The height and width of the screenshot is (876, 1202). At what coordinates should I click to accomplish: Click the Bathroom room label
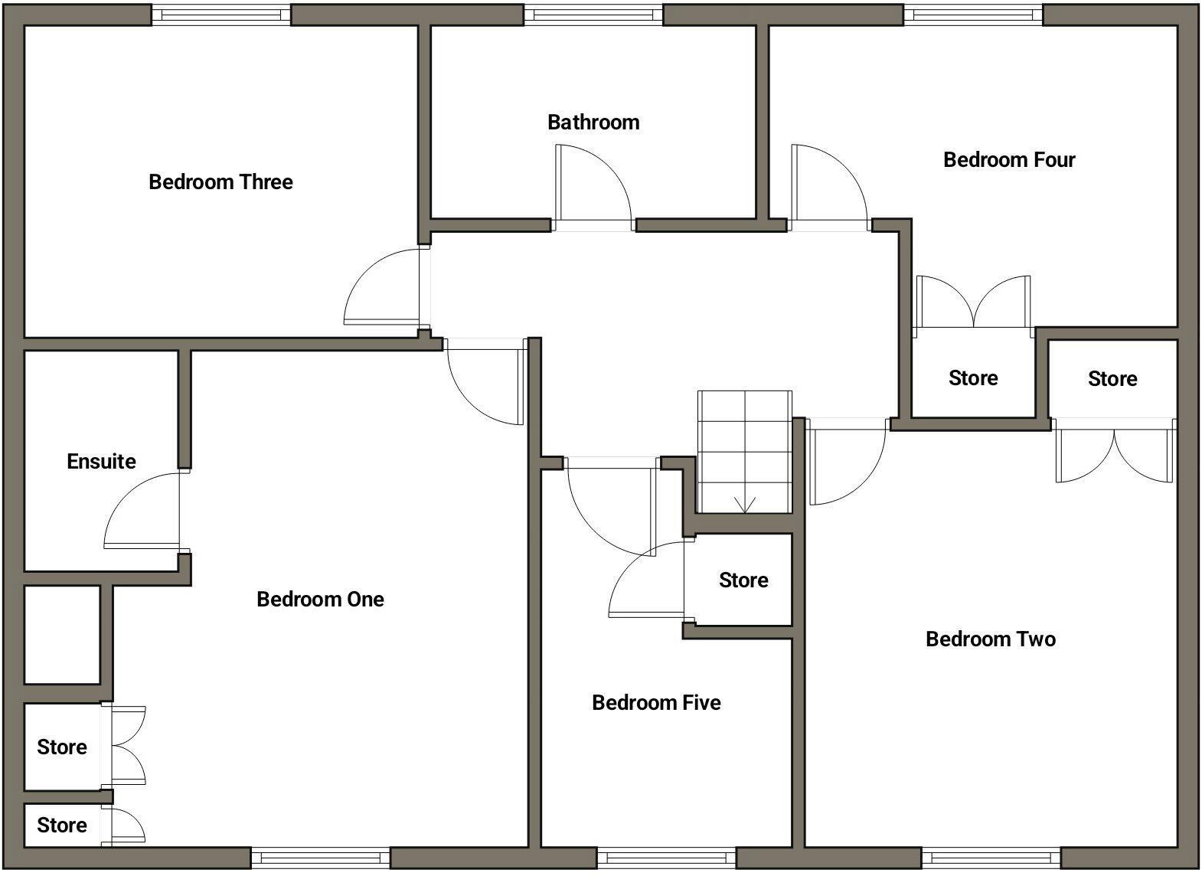point(593,123)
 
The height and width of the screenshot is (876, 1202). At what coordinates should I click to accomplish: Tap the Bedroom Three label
point(220,182)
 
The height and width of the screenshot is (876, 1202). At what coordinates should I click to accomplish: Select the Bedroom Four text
point(1009,160)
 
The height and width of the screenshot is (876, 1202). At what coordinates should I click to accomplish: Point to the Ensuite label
point(101,462)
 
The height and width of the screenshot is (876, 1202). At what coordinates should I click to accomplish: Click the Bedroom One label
point(320,599)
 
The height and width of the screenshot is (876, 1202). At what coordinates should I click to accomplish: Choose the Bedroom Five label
point(656,703)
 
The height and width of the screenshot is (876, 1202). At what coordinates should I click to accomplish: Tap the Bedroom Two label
point(990,639)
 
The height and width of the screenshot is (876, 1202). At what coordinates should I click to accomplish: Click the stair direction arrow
point(745,504)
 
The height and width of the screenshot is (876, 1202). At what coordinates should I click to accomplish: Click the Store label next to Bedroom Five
point(743,580)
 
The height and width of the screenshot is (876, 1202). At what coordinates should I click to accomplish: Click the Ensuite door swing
point(141,510)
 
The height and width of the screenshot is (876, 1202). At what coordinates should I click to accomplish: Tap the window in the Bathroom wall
point(593,14)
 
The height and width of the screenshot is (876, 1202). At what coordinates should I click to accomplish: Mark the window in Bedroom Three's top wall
point(221,14)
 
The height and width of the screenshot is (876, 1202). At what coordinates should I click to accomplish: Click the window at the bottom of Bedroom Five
point(666,858)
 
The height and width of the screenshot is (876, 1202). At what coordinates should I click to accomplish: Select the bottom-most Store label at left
point(62,825)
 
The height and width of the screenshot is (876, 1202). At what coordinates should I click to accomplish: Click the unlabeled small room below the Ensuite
point(62,635)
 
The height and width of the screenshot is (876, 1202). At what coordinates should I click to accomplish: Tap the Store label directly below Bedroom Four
point(973,378)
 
